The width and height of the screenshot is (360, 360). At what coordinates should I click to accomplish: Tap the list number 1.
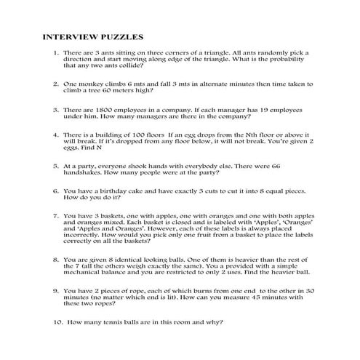pos(56,54)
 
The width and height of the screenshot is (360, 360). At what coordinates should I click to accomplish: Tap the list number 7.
pos(56,215)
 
